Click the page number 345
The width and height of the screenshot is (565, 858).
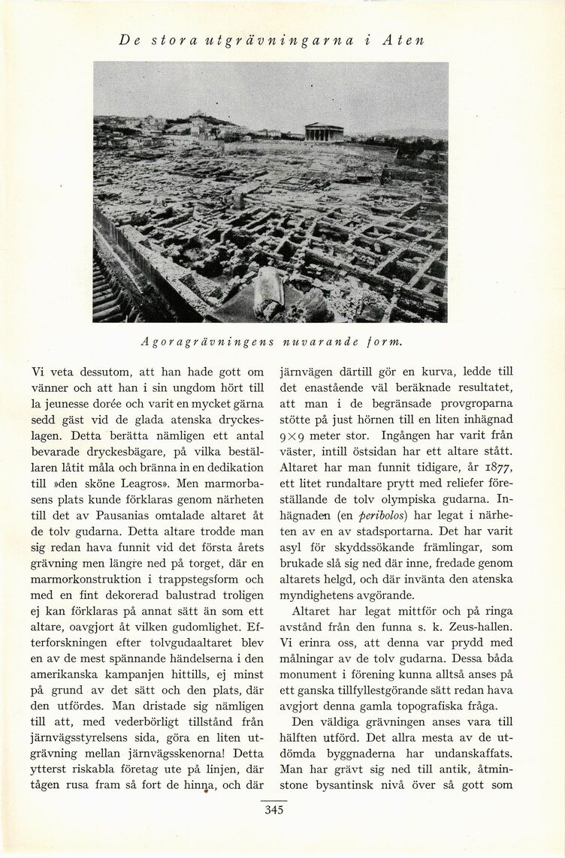[x=273, y=809]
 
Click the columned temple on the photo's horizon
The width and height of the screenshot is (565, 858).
[x=324, y=132]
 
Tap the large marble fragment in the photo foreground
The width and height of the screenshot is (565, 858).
[x=268, y=292]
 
